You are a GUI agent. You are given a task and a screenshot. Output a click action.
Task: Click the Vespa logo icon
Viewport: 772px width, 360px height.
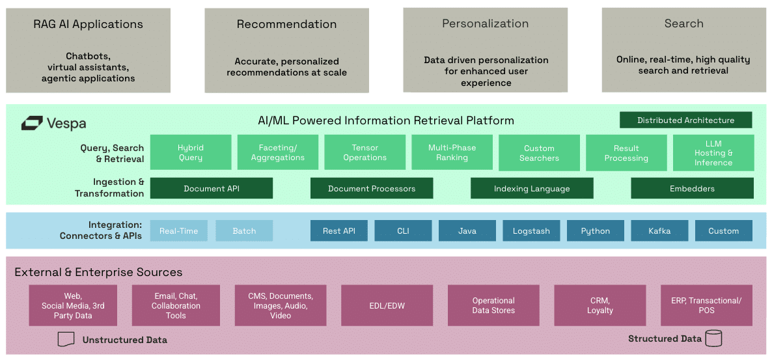pyautogui.click(x=32, y=123)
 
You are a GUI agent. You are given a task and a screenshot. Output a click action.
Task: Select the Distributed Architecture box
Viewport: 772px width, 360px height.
pyautogui.click(x=685, y=120)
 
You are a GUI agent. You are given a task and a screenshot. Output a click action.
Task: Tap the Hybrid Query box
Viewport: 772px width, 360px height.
pyautogui.click(x=191, y=153)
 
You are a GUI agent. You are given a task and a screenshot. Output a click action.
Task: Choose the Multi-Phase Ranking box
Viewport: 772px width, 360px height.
pyautogui.click(x=452, y=153)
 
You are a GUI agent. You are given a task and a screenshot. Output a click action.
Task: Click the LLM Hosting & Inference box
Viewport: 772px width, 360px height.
pyautogui.click(x=713, y=153)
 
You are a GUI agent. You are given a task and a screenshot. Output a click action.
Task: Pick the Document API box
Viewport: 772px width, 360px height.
pyautogui.click(x=211, y=189)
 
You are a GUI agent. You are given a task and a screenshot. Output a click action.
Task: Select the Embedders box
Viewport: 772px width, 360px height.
pyautogui.click(x=692, y=189)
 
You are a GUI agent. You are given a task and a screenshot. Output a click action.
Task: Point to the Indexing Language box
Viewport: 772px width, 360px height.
pyautogui.click(x=532, y=189)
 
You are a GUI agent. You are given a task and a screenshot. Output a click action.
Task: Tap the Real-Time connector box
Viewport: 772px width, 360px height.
pyautogui.click(x=179, y=231)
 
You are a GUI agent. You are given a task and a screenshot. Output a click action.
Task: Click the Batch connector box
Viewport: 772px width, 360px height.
pyautogui.click(x=244, y=231)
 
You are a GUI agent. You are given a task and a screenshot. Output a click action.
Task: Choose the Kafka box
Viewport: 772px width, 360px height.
pyautogui.click(x=659, y=231)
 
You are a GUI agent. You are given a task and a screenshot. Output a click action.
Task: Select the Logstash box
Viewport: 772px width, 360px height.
pyautogui.click(x=531, y=231)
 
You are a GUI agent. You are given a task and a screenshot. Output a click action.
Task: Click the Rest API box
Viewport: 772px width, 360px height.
pyautogui.click(x=338, y=231)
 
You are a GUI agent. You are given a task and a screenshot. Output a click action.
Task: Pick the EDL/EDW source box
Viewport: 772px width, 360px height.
pyautogui.click(x=387, y=305)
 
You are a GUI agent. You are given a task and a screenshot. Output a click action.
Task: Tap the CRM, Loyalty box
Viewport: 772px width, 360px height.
pyautogui.click(x=600, y=305)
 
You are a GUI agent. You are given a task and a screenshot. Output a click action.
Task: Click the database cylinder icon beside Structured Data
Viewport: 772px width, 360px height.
pyautogui.click(x=713, y=339)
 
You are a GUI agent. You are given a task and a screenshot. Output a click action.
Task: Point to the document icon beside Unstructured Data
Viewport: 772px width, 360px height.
pyautogui.click(x=66, y=339)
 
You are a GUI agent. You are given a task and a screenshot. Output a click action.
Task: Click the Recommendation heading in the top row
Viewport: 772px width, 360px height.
pyautogui.click(x=286, y=24)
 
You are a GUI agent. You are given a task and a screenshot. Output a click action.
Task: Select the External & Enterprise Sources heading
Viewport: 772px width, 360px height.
pyautogui.click(x=98, y=272)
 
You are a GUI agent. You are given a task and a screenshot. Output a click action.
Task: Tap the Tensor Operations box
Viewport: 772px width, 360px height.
pyautogui.click(x=365, y=153)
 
